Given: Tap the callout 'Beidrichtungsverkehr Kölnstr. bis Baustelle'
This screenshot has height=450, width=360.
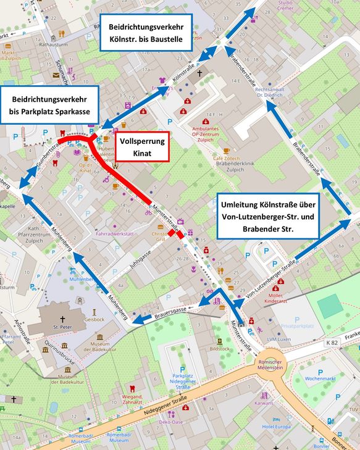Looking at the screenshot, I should coord(145,33).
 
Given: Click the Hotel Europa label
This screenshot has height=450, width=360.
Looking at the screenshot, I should coord(276,427).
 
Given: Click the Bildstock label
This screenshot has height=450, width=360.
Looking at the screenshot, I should coord(219,349).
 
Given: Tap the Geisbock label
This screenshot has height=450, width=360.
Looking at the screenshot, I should coord(94,320).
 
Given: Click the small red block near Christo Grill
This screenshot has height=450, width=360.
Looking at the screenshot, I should coord(178,234).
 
